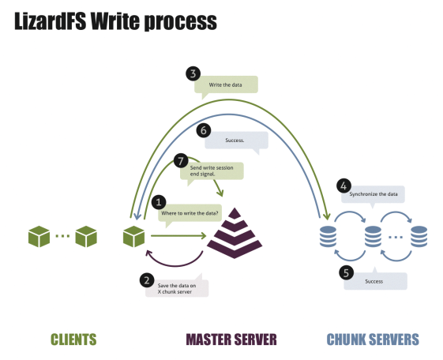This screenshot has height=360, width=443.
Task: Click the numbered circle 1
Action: click(x=159, y=202)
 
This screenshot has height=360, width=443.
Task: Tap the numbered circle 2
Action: click(x=146, y=279)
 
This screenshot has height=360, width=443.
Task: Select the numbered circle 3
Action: click(x=192, y=73)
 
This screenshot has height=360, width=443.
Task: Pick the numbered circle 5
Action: click(x=345, y=272)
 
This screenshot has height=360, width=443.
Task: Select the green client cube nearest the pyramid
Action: click(x=133, y=234)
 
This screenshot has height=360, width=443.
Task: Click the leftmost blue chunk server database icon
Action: click(x=325, y=234)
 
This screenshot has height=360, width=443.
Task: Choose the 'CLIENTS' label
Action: click(x=73, y=339)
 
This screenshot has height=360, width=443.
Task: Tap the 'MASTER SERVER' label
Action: click(x=231, y=339)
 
